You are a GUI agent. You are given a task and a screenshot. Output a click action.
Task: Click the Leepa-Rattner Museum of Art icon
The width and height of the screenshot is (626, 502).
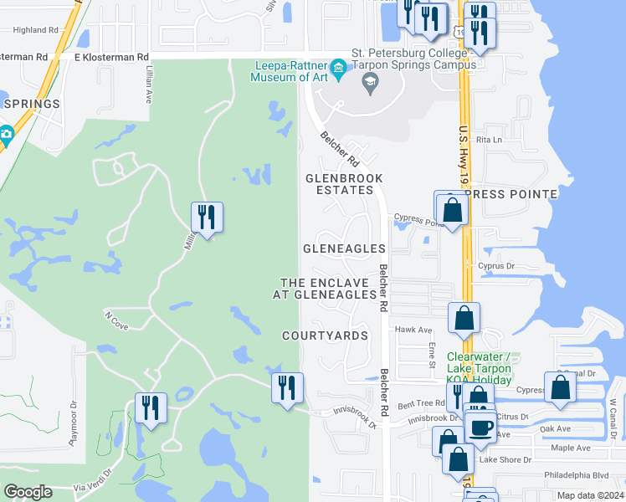coord(339,68)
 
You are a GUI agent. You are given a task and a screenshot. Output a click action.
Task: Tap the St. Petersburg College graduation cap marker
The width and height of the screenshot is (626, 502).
coord(369,82)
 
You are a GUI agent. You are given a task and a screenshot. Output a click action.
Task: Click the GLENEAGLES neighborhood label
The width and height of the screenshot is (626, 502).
coord(344,248)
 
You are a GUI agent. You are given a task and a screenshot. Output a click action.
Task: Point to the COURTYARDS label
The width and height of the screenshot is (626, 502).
coord(325,336)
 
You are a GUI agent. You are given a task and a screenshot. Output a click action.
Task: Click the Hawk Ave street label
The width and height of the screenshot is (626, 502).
coord(413,330)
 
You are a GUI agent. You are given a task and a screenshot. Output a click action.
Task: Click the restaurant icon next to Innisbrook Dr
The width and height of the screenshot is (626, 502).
coord(287,387)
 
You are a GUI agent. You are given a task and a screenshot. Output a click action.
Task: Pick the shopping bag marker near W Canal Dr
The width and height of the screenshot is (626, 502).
coord(560,387)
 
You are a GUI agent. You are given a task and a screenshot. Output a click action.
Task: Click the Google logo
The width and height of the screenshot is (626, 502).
coord(28,492)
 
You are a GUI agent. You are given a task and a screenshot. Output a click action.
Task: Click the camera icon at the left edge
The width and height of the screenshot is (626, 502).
coord(6,134)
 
